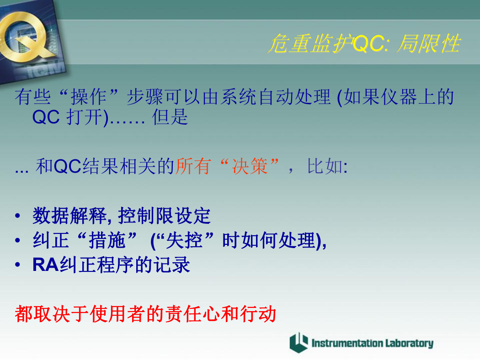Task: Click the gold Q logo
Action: click(25, 35)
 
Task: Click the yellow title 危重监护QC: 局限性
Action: click(364, 43)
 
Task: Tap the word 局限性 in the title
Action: click(429, 43)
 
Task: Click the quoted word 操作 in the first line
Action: click(89, 97)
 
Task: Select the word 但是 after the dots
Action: click(170, 117)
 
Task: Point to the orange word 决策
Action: click(250, 166)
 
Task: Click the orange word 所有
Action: click(193, 166)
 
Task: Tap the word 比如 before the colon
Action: click(325, 166)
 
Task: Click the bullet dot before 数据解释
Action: click(18, 216)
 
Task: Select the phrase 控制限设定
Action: click(165, 216)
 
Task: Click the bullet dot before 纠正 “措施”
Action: click(18, 240)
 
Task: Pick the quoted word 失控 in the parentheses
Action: click(184, 240)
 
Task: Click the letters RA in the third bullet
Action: click(46, 265)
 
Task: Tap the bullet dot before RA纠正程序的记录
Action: click(18, 265)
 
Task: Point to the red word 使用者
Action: click(117, 314)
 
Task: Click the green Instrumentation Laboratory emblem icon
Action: click(299, 343)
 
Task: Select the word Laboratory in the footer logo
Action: click(409, 343)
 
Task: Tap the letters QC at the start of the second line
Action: click(46, 117)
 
